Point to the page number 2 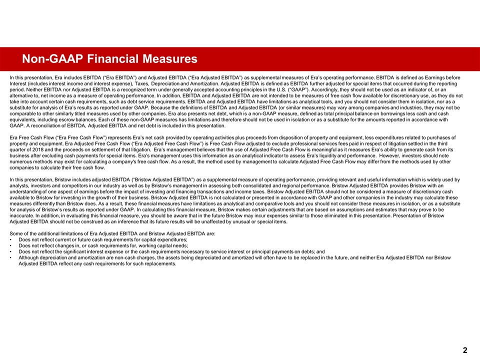(465, 350)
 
